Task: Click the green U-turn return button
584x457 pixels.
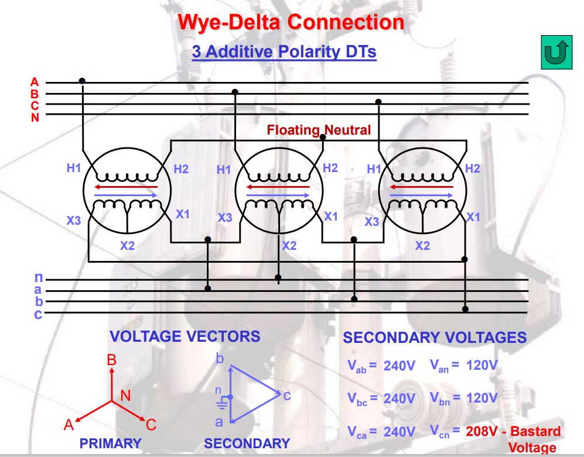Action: point(556,53)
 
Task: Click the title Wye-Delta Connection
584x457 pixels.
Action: point(291,22)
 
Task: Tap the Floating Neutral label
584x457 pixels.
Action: point(319,130)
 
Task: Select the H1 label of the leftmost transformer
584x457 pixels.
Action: point(73,169)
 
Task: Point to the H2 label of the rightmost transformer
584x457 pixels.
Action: point(473,169)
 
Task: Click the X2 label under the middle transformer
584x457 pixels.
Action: point(289,246)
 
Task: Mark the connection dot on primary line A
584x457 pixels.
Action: point(82,81)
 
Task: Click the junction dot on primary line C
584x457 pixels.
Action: point(378,102)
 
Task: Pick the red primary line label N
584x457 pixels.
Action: point(35,117)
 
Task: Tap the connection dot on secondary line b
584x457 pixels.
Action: point(354,299)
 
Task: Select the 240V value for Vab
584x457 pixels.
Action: point(399,366)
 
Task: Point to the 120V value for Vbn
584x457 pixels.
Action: point(482,398)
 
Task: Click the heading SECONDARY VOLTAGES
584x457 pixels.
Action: point(435,338)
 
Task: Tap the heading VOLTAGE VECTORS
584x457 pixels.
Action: point(185,336)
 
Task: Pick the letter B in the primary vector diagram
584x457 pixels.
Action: point(112,360)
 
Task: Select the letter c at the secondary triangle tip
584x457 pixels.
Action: point(287,396)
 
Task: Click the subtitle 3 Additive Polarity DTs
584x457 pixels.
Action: point(284,52)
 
